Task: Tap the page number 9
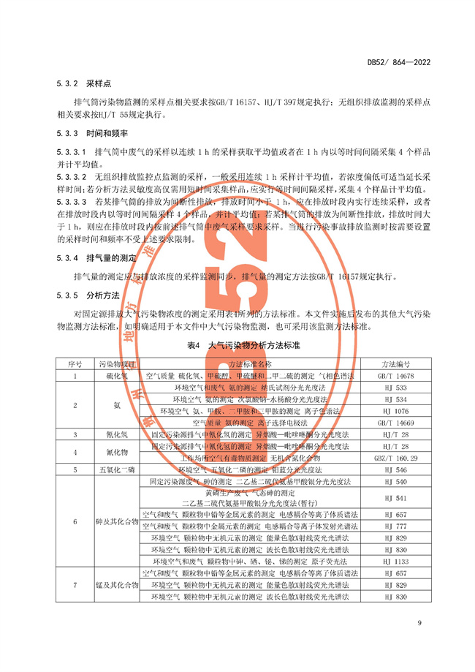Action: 419,622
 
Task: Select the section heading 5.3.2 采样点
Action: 82,85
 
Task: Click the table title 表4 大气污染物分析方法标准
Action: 238,344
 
